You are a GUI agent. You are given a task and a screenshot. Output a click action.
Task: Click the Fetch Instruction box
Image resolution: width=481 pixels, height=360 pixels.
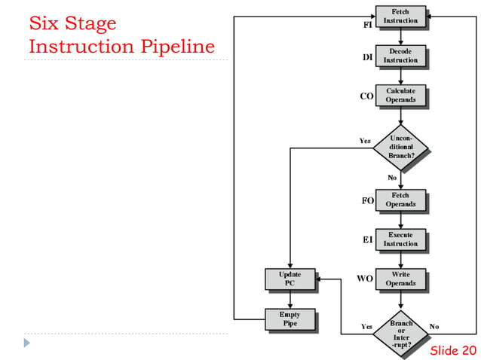coord(400,17)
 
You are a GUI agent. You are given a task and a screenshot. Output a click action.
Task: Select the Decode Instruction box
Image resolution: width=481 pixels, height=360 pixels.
coord(400,56)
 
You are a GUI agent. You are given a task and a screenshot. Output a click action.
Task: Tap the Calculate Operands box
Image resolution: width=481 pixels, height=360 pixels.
coord(400,95)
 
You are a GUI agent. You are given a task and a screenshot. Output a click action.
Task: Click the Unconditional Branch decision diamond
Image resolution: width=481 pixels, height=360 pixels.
coord(400,147)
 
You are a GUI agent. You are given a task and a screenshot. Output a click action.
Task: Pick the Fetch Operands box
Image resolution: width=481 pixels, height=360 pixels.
coord(400,200)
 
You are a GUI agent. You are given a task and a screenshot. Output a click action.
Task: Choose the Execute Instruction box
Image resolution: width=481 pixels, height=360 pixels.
coord(400,239)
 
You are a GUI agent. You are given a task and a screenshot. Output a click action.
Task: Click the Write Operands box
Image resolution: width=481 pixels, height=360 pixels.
coord(400,279)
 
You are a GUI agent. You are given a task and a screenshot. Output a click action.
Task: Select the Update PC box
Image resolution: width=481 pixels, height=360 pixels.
coord(290,279)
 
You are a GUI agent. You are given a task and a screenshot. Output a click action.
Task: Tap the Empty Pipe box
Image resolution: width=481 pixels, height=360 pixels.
coord(290,319)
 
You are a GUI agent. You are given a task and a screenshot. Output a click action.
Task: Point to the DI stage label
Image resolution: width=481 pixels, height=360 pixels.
coord(368,57)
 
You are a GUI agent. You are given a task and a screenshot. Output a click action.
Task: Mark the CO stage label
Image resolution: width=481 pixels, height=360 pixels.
coord(367,96)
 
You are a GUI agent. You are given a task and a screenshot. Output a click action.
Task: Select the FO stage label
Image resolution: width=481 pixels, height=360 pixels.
coord(368,201)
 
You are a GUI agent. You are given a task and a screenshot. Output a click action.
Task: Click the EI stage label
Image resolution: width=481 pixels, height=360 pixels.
coord(368,240)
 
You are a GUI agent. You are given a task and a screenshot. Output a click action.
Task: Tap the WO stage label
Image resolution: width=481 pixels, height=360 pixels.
coord(366,279)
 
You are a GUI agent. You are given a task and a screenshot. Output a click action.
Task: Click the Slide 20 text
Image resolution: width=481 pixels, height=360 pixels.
coord(453,351)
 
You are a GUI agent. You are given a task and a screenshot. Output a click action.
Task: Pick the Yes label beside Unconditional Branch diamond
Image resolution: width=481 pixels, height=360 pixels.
coord(365,141)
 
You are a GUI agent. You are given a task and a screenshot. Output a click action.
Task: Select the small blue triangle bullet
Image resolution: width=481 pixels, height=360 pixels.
coord(28,343)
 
